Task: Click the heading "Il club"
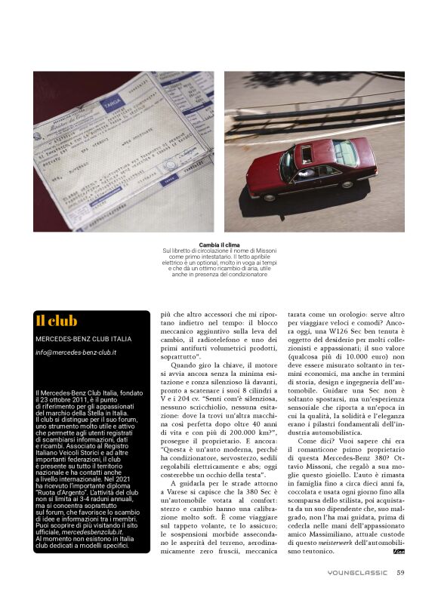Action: point(57,321)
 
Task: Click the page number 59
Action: point(400,572)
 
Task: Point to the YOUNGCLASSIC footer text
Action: point(357,572)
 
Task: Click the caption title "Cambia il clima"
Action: point(220,245)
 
